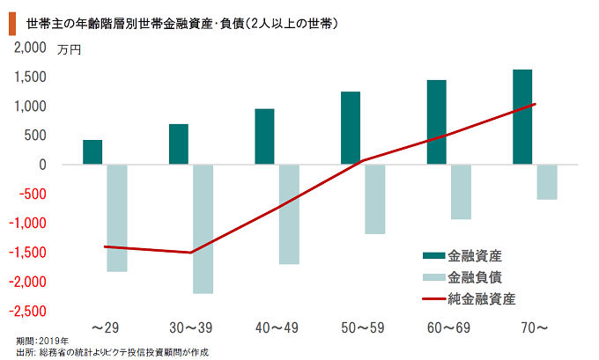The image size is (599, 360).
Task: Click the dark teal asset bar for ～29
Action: tap(92, 152)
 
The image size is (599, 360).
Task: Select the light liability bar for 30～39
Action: tap(203, 229)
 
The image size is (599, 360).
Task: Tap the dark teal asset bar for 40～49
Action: tap(264, 136)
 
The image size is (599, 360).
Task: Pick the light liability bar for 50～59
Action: tap(375, 199)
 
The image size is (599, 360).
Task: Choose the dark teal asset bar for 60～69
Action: tap(436, 122)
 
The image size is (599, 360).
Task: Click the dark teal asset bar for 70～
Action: tap(522, 117)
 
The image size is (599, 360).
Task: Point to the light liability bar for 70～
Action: tap(546, 182)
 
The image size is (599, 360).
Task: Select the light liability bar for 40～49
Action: tap(289, 214)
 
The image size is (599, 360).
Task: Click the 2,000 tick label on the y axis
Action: tap(29, 48)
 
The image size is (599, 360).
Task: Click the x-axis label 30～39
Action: tap(190, 327)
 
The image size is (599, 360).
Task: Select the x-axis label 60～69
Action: tap(448, 327)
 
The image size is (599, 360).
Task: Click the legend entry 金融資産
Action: tap(475, 255)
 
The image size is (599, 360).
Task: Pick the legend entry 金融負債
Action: tap(475, 277)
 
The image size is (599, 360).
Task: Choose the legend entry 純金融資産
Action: tap(481, 298)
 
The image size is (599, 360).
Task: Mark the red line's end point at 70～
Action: tap(535, 104)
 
